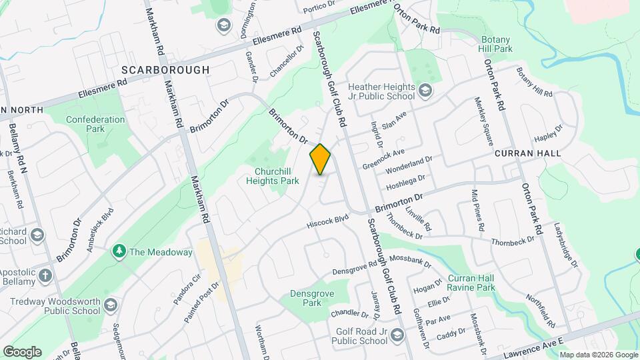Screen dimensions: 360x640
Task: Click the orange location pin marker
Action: click(320, 159)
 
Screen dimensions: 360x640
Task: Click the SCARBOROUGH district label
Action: click(165, 69)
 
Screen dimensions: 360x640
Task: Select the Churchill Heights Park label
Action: click(271, 175)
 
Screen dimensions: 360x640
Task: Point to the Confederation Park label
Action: click(95, 125)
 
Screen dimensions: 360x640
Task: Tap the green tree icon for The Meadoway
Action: click(119, 251)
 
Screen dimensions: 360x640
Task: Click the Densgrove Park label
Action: click(306, 298)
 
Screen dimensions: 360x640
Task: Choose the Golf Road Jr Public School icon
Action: click(398, 335)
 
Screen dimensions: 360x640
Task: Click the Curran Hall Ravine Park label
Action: click(471, 283)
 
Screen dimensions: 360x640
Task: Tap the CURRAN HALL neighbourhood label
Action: click(528, 153)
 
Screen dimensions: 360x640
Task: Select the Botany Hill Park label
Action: click(495, 44)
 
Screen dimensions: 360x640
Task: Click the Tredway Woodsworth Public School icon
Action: click(110, 305)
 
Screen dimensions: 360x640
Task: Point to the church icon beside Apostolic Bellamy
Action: click(45, 275)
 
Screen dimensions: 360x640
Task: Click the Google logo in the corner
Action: click(22, 351)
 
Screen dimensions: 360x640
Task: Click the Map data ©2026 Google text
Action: click(598, 355)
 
